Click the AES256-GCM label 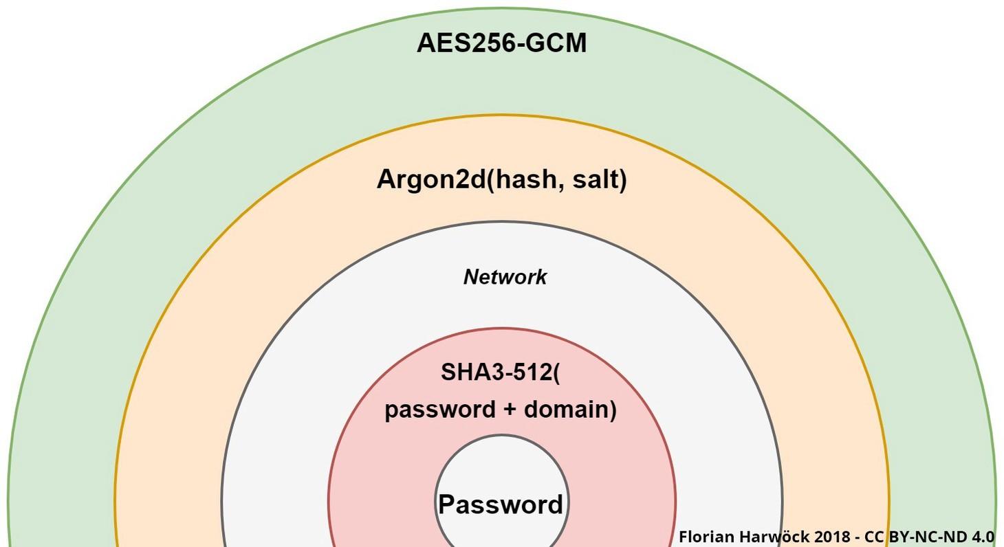tap(501, 43)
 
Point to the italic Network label tap(505, 277)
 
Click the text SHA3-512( tap(500, 372)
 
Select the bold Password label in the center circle tap(501, 505)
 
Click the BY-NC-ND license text tap(928, 537)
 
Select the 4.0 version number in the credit tap(983, 537)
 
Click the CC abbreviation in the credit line tap(875, 537)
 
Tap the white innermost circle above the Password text tap(501, 464)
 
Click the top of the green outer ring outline tap(501, 8)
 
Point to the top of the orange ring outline tap(501, 115)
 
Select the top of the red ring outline tap(501, 328)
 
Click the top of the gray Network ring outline tap(501, 222)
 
